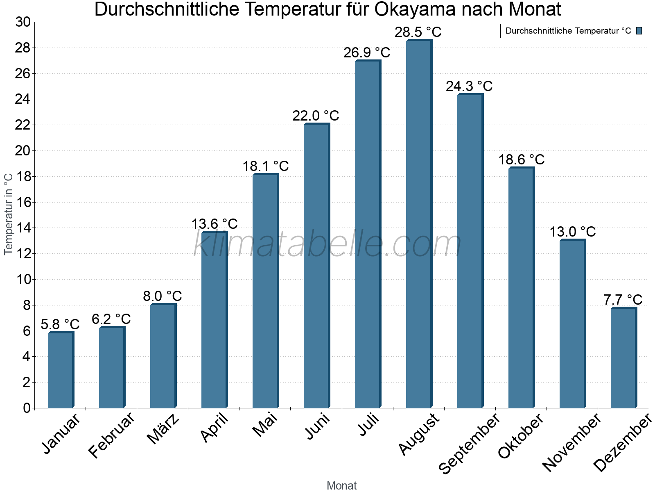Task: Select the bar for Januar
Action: pyautogui.click(x=61, y=370)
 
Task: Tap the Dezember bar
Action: pyautogui.click(x=623, y=358)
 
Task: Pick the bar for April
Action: pyautogui.click(x=214, y=320)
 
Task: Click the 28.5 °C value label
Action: pyautogui.click(x=418, y=32)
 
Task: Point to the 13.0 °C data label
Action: pyautogui.click(x=572, y=232)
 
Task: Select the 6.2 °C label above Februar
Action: pyautogui.click(x=111, y=319)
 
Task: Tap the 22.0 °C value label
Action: pyautogui.click(x=316, y=116)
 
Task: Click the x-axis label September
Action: pyautogui.click(x=469, y=443)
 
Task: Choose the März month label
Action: pyautogui.click(x=163, y=429)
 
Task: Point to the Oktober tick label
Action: pyautogui.click(x=520, y=436)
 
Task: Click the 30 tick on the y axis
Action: pyautogui.click(x=23, y=22)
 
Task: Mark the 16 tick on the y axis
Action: pyautogui.click(x=23, y=203)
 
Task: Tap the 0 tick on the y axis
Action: pyautogui.click(x=27, y=408)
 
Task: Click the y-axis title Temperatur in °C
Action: pyautogui.click(x=9, y=214)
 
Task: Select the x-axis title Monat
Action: pyautogui.click(x=341, y=486)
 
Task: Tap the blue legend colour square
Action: pyautogui.click(x=639, y=31)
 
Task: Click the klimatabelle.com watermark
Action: pyautogui.click(x=327, y=244)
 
